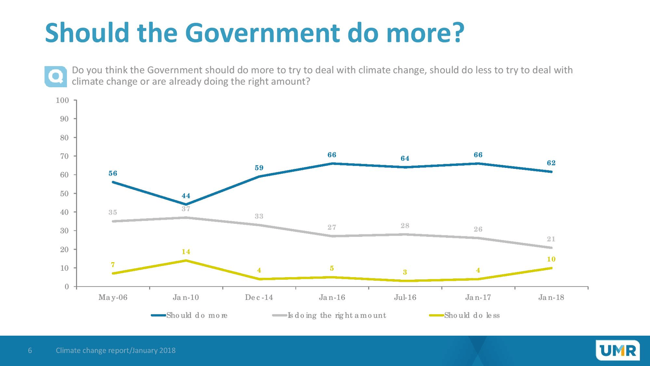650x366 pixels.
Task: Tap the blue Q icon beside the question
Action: [x=55, y=76]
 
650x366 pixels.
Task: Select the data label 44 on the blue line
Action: [x=186, y=196]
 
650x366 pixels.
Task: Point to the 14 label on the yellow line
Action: [x=186, y=252]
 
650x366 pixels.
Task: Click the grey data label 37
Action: [x=186, y=209]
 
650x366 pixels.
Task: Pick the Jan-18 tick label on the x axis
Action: [x=551, y=297]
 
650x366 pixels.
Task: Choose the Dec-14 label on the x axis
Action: [x=259, y=297]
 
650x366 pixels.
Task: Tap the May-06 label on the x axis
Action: [x=113, y=297]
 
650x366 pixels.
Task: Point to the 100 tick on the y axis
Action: [x=62, y=100]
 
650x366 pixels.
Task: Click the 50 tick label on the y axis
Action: [x=64, y=194]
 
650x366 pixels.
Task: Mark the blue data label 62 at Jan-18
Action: [x=551, y=163]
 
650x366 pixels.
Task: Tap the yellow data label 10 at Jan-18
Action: [x=551, y=259]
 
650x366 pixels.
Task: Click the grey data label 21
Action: [x=551, y=239]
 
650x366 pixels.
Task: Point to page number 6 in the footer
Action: [x=30, y=350]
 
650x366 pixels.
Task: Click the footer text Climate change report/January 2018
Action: [x=115, y=350]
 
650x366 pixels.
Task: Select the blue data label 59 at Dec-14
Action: [x=259, y=168]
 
